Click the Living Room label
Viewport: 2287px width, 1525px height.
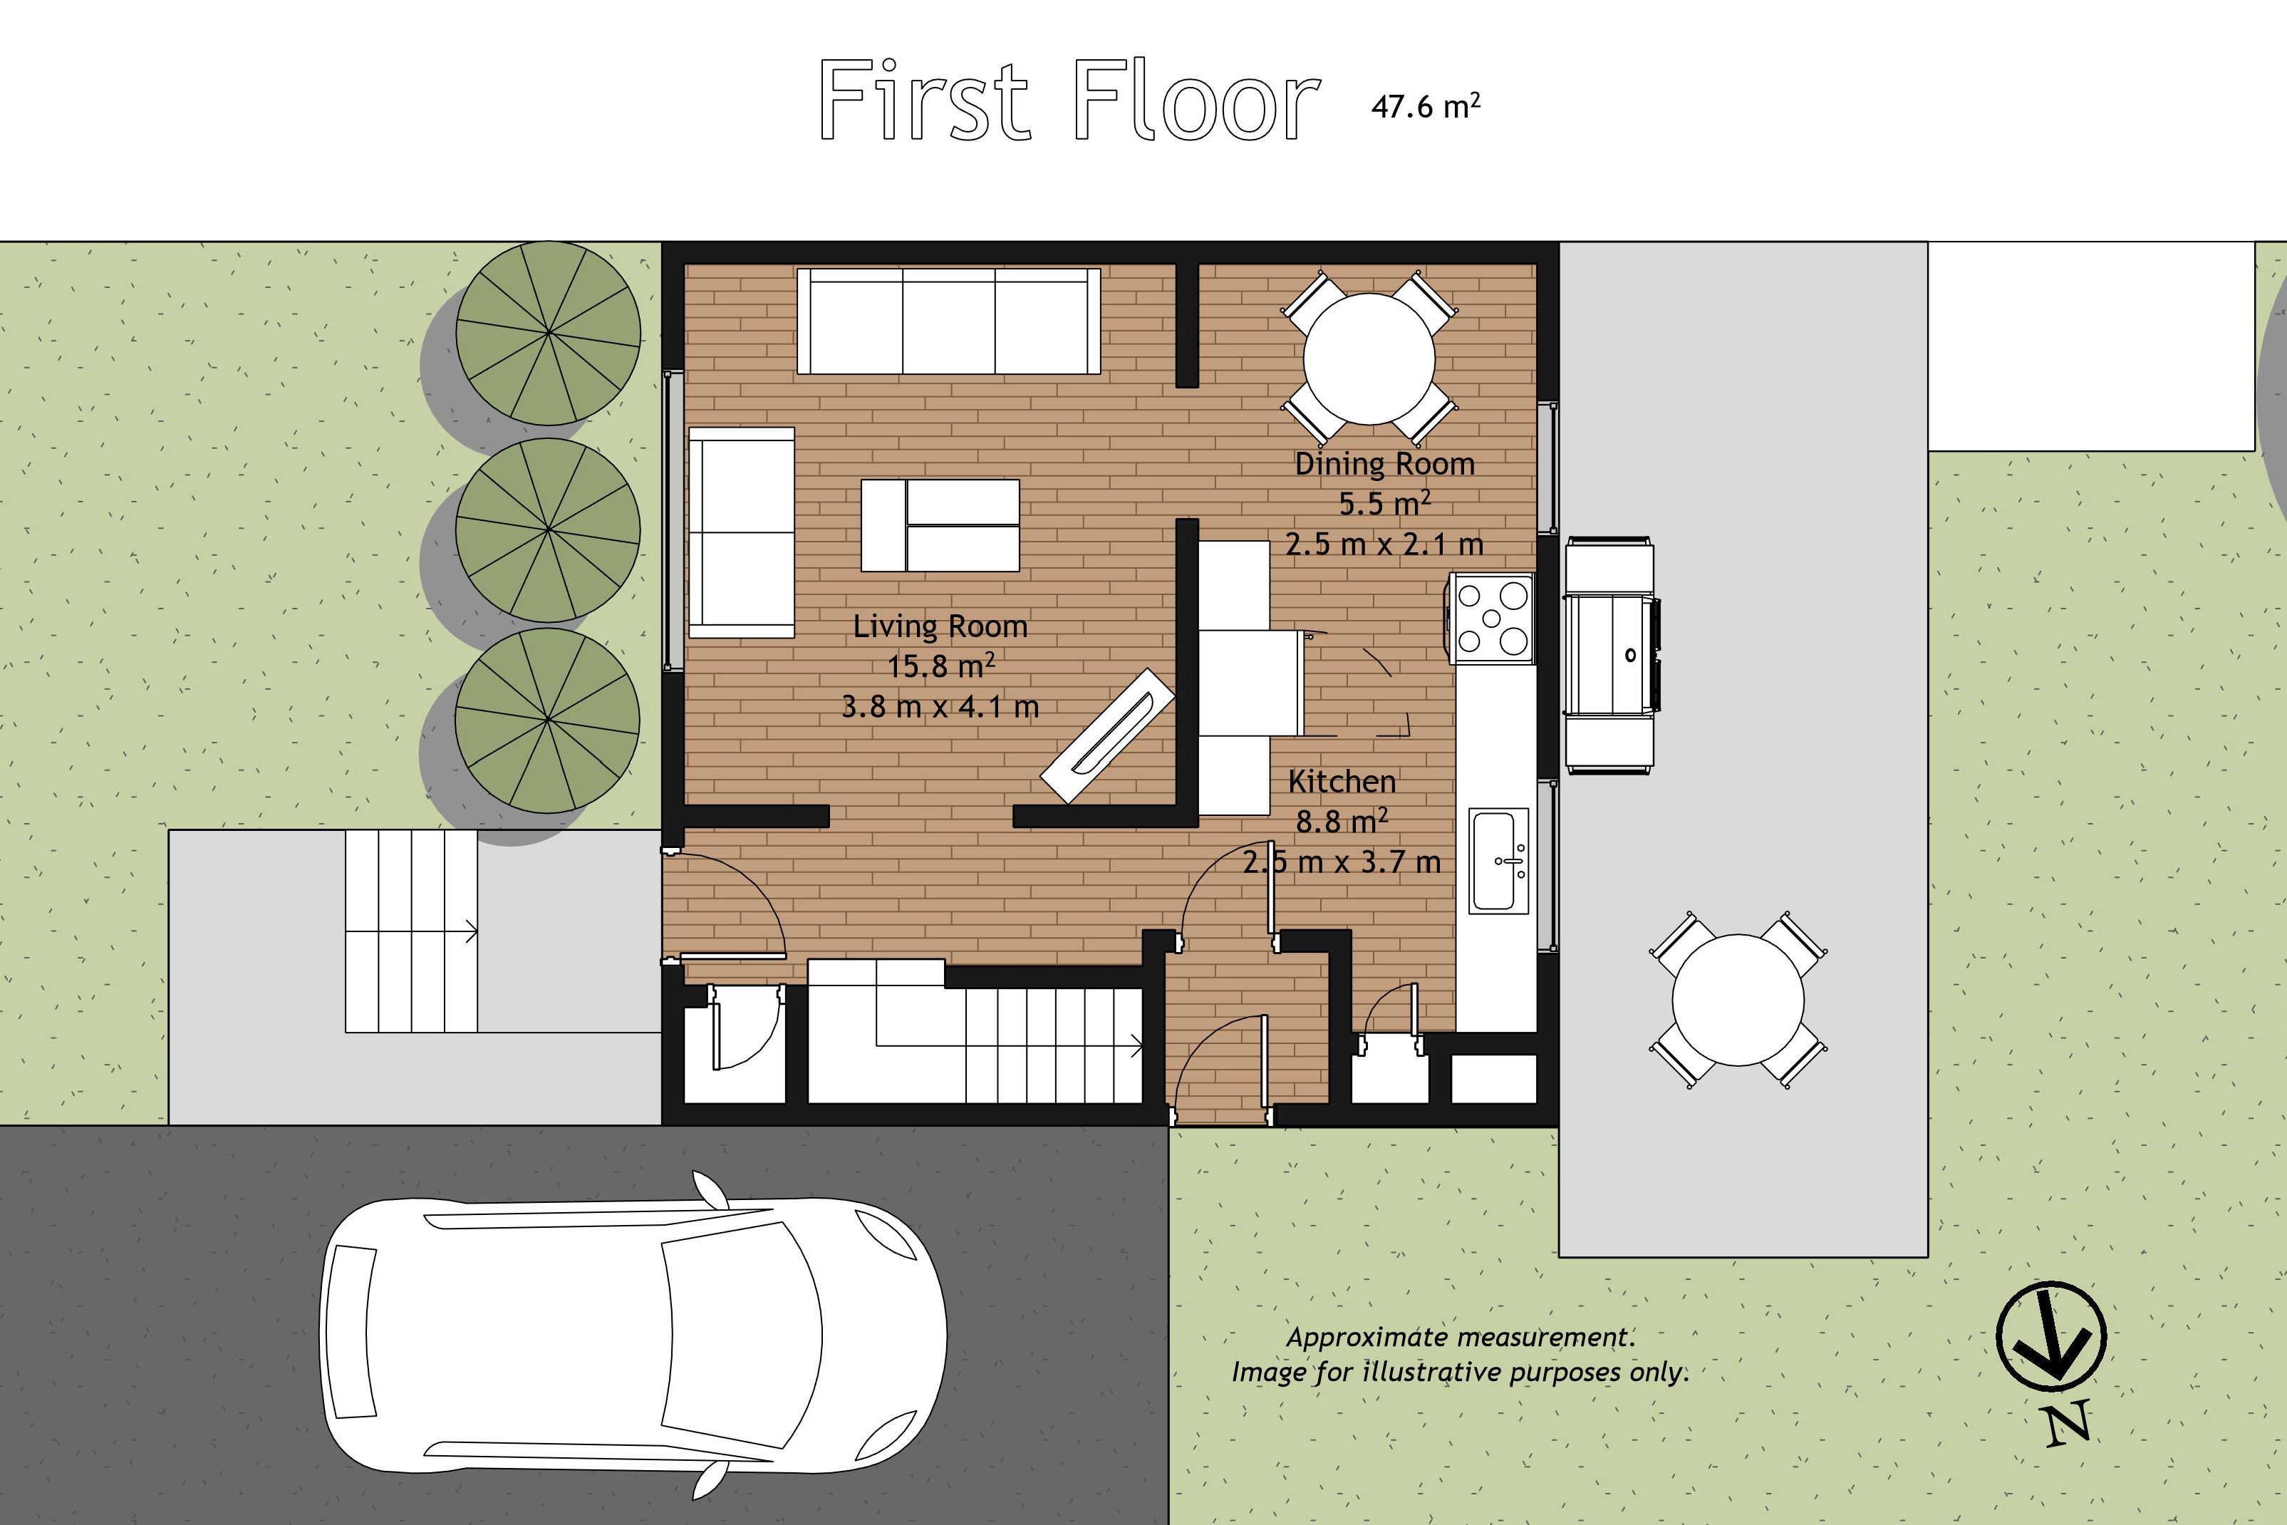pos(940,626)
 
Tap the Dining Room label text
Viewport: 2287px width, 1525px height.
pos(1384,464)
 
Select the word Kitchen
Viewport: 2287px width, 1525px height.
pos(1342,781)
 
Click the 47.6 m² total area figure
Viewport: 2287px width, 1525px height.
pos(1426,105)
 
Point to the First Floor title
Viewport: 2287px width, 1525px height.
pos(1069,99)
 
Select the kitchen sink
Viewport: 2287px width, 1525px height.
pos(1498,859)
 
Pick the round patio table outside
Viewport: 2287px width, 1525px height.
pos(1738,1000)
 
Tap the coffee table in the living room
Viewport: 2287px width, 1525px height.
pos(940,525)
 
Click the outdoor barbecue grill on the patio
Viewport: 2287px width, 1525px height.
pos(1611,655)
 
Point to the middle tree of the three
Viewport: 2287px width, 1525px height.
pos(549,530)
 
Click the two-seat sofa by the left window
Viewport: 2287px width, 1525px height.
pos(742,532)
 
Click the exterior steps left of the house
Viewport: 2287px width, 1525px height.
pos(411,931)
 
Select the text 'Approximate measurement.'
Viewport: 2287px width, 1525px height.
pos(1461,1338)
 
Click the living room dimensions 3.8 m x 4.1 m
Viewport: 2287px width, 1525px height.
pos(940,706)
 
